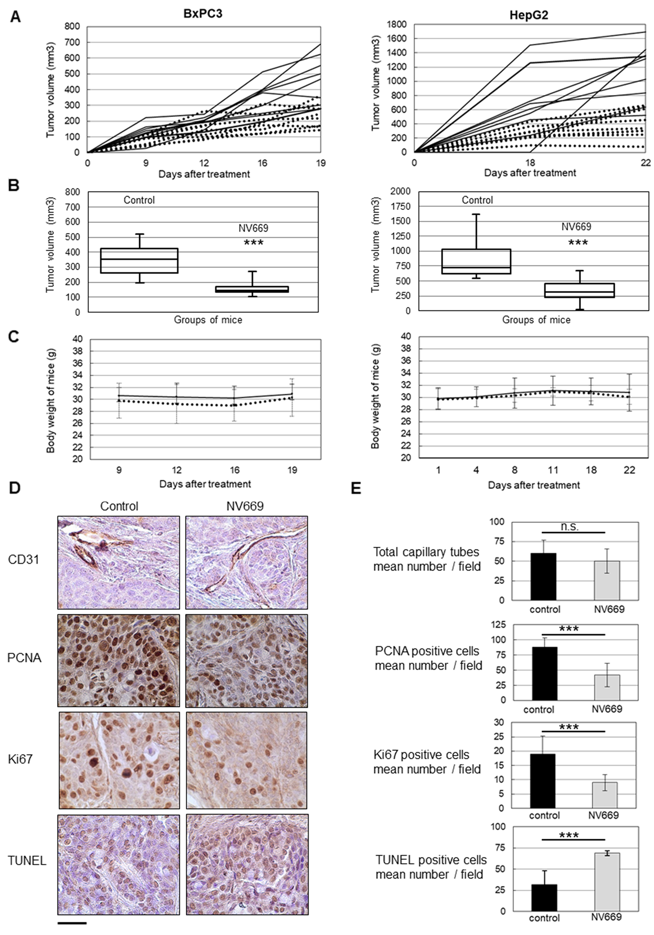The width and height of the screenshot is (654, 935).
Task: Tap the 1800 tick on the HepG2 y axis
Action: pos(398,25)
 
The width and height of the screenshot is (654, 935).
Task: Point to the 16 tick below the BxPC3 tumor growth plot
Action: pos(262,163)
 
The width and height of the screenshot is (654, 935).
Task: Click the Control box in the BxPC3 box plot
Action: pos(139,260)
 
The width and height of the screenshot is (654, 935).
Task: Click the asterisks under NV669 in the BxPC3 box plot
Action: pos(254,243)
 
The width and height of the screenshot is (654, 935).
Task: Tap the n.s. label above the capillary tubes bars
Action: pos(569,527)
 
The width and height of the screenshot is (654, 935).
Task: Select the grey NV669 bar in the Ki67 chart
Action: pos(605,795)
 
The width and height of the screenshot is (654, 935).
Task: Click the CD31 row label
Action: pos(23,560)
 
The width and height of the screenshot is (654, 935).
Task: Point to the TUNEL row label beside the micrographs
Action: pos(27,861)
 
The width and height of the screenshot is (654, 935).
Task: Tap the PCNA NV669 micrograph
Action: pos(246,660)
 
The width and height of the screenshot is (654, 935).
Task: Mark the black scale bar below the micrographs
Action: pos(72,923)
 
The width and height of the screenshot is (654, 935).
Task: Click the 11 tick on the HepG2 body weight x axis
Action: pos(553,470)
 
